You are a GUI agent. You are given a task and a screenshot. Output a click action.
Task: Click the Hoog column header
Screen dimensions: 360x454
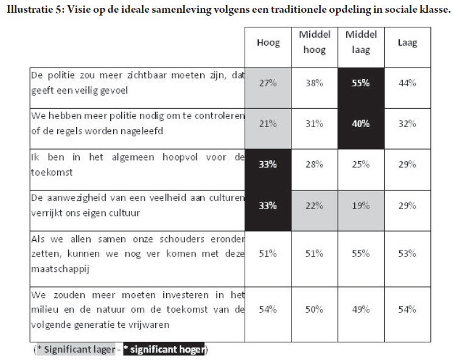268,43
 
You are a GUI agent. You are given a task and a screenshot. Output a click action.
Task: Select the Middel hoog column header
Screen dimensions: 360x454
315,43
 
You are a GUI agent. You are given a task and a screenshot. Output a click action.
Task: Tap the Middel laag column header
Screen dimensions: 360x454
361,43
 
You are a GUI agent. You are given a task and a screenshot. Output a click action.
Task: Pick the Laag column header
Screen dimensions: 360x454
407,43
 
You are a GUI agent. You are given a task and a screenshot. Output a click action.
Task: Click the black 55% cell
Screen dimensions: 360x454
361,83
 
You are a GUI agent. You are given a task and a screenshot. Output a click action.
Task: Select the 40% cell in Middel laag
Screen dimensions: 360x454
361,123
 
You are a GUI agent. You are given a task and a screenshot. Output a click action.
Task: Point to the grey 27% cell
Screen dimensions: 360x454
268,83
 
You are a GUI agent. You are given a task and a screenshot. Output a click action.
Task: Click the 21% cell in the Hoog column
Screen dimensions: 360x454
268,123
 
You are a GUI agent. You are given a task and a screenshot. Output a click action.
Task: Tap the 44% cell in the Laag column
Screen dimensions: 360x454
407,83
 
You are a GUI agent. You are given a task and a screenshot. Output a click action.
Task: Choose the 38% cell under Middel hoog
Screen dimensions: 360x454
315,83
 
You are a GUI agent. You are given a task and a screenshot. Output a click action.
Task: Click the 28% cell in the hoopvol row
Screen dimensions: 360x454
315,164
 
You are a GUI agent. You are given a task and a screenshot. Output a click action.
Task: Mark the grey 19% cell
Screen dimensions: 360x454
361,205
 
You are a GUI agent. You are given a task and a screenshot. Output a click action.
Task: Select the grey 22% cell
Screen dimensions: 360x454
315,205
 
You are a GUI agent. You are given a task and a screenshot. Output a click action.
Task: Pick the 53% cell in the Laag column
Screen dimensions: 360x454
407,254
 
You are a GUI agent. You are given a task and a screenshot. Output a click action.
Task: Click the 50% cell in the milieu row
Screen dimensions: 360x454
315,310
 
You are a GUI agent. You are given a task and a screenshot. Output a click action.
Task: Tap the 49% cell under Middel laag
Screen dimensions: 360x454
361,310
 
